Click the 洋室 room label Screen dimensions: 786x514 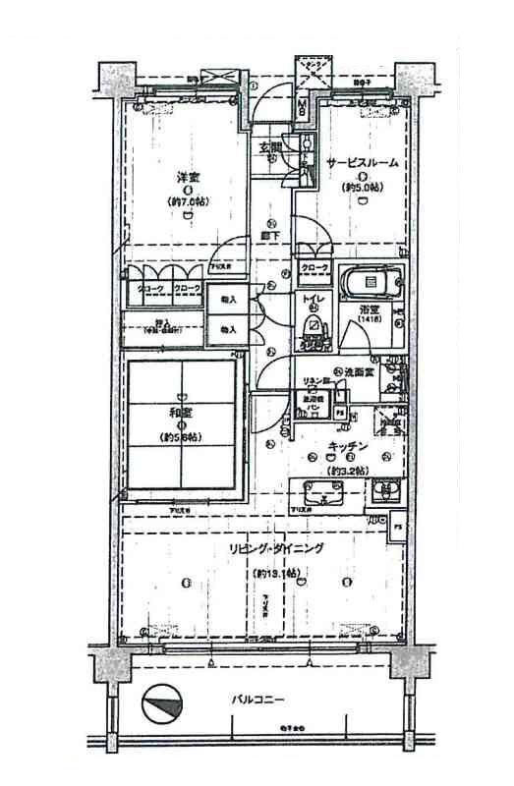pyautogui.click(x=190, y=179)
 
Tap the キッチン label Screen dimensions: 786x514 pyautogui.click(x=349, y=446)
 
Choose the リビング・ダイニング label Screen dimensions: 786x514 pyautogui.click(x=274, y=548)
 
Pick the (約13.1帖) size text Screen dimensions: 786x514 pyautogui.click(x=274, y=573)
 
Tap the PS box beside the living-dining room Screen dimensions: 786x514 pyautogui.click(x=398, y=527)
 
